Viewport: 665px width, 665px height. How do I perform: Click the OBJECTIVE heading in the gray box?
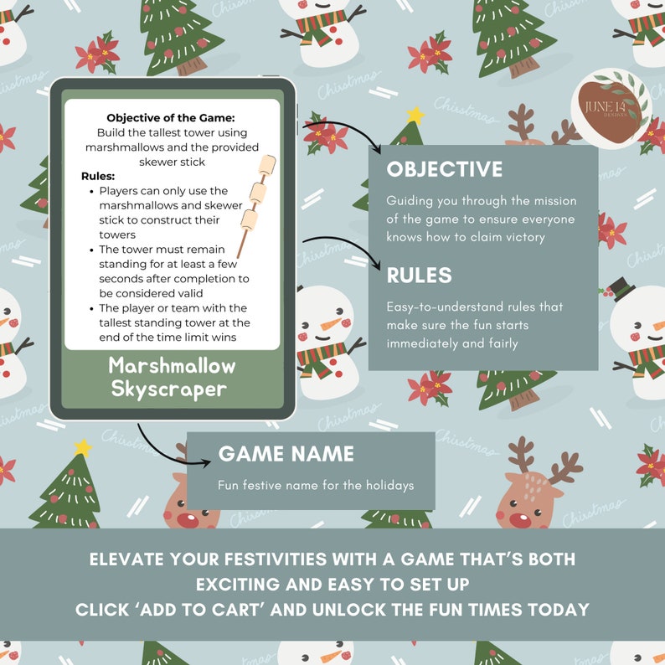point(444,170)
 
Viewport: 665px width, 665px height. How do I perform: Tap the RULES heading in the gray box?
point(419,276)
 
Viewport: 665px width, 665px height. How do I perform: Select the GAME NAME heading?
point(286,454)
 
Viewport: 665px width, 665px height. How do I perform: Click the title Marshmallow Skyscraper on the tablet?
point(172,377)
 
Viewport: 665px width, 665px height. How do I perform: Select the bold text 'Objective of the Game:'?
point(171,118)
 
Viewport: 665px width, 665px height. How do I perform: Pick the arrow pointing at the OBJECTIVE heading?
point(343,134)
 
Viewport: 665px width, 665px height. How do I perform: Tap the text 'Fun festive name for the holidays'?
point(316,485)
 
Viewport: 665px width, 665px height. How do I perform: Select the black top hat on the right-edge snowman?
point(621,288)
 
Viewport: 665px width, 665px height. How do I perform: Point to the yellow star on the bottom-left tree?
point(81,447)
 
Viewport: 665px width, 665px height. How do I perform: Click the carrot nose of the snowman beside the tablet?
point(332,325)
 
